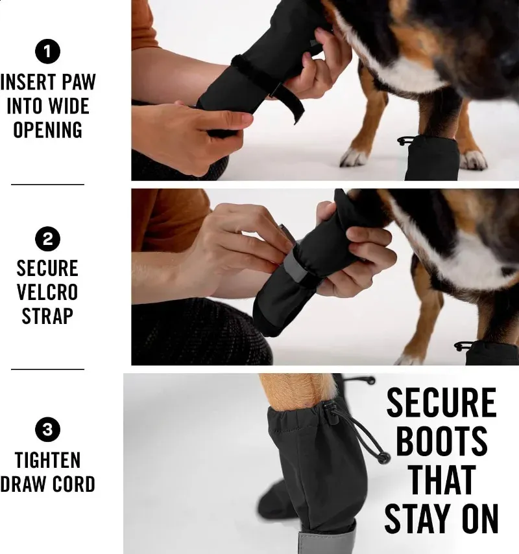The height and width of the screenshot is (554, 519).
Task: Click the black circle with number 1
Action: click(47, 51)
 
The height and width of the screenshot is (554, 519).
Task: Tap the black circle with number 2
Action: click(47, 240)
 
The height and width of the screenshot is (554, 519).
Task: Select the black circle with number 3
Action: click(47, 429)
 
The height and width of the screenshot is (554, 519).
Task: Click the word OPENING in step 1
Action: click(47, 130)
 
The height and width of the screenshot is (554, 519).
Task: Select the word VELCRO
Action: click(47, 292)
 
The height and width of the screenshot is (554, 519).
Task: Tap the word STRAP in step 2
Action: click(47, 316)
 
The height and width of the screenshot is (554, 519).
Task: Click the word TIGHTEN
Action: click(47, 460)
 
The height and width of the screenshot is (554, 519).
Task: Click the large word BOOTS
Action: click(441, 442)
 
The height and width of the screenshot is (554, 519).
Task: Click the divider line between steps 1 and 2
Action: click(47, 184)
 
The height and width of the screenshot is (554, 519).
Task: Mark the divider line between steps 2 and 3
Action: click(47, 369)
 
